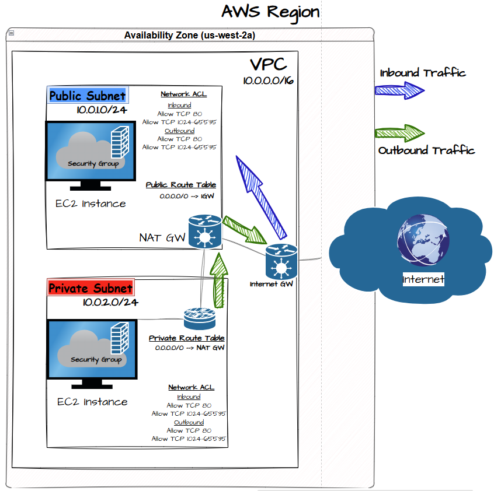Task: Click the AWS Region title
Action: point(270,12)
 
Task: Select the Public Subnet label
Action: point(87,96)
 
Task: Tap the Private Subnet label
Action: point(91,288)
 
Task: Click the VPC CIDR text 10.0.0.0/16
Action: point(269,81)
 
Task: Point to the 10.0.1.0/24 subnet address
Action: point(102,110)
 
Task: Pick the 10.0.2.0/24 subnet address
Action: point(110,302)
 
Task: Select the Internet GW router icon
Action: point(281,261)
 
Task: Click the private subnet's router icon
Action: point(200,318)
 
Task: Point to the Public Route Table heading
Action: point(180,185)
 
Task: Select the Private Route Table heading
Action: point(186,338)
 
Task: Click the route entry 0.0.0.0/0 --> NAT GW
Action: point(190,348)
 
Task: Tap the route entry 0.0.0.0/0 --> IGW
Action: point(187,197)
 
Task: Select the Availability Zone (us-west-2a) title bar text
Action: point(190,35)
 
